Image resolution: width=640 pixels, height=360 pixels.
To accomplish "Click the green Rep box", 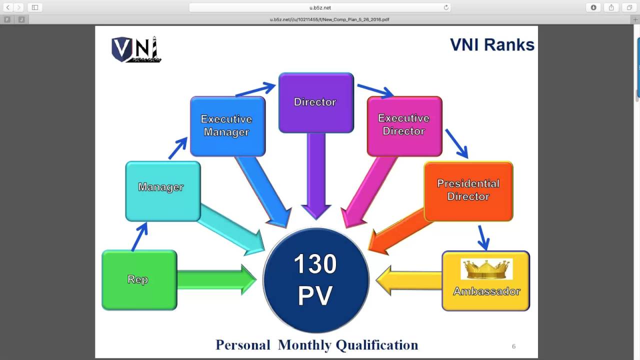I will (x=139, y=280).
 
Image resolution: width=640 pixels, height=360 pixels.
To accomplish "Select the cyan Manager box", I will (x=162, y=191).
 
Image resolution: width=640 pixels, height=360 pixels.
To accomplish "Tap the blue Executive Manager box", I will (x=227, y=126).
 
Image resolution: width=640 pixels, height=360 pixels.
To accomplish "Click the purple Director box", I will (x=316, y=102).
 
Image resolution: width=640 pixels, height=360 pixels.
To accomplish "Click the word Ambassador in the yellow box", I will (x=486, y=291).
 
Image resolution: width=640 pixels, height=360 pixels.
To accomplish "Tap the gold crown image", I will (x=486, y=269).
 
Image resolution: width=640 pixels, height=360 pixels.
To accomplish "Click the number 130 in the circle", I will (x=315, y=264).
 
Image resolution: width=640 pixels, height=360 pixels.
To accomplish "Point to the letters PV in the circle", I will (x=315, y=296).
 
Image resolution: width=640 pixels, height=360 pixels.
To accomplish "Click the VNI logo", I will (x=135, y=49).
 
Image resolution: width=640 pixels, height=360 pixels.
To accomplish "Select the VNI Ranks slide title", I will (x=492, y=44).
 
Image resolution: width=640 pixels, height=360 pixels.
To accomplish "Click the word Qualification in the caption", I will (x=376, y=345).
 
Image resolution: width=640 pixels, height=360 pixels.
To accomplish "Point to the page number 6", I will (x=513, y=346).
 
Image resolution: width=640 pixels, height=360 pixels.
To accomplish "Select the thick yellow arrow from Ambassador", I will (x=407, y=280).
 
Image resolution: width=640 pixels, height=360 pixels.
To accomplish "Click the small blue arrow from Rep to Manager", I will (x=140, y=236).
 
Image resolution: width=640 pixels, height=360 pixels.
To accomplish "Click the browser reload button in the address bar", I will (x=446, y=7).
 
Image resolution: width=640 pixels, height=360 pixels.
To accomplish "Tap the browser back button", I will (x=8, y=7).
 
